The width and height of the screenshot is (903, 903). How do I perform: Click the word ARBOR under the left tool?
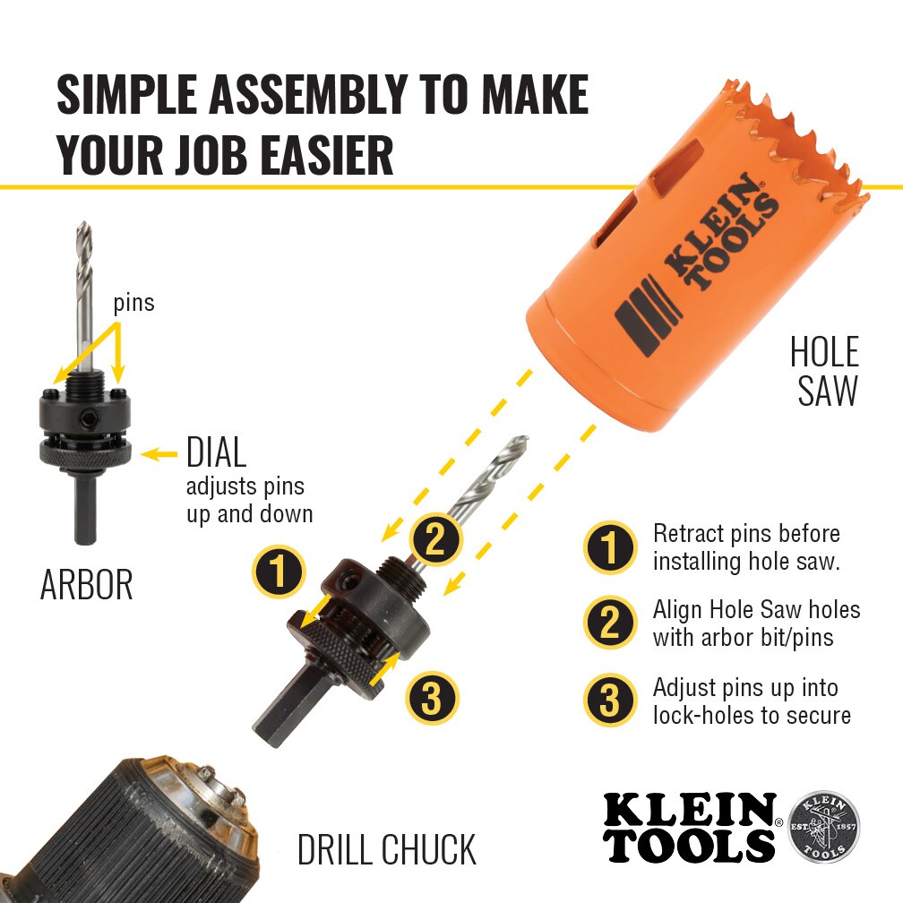pos(86,584)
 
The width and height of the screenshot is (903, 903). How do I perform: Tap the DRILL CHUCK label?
pos(387,849)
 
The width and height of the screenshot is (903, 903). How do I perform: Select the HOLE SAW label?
pos(825,372)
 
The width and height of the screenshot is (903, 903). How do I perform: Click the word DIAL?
pos(217,452)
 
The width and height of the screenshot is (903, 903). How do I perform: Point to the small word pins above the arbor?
pos(134,303)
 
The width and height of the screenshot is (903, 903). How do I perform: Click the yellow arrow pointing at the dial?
pos(159,454)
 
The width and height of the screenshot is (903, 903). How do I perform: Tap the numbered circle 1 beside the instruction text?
pos(610,547)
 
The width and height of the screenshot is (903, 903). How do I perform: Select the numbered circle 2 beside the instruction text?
pos(610,623)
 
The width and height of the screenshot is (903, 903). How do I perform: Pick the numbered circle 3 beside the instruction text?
pos(610,700)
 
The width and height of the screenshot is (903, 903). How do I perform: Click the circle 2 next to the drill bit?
pos(436,539)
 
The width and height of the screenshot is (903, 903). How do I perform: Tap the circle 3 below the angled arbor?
pos(432,697)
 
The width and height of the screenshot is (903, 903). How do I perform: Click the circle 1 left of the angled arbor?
pos(279,572)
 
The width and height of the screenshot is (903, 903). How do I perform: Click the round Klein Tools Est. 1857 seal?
pos(823,826)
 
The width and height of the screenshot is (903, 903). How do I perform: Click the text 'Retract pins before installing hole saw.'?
pos(746,547)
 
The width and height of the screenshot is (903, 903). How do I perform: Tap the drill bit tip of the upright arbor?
pos(83,223)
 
